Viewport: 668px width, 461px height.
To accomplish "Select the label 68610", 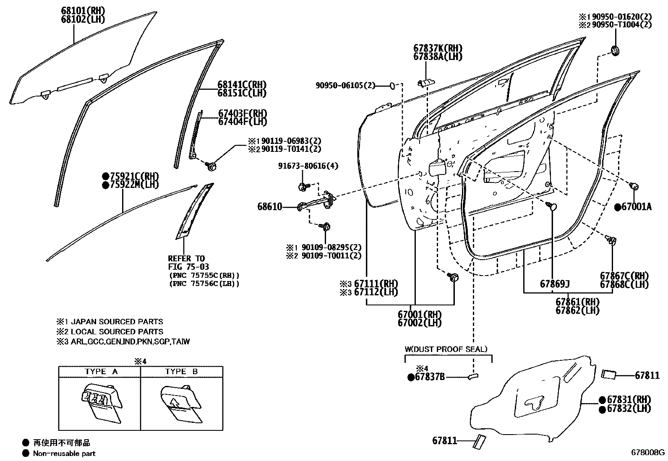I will click(269, 207).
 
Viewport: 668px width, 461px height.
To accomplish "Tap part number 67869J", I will click(555, 284).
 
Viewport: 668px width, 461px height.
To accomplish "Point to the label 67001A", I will click(636, 207).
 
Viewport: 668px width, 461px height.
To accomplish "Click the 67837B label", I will click(429, 377).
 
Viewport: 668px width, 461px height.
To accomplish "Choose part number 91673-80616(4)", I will click(308, 166).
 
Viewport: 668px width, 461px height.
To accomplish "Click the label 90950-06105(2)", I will click(345, 86).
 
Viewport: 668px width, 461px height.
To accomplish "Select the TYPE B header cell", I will click(181, 372).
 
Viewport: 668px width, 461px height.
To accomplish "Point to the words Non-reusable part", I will click(64, 453).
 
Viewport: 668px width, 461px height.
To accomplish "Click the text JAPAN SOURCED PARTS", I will click(117, 322).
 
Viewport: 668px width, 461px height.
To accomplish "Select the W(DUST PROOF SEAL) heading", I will click(446, 349).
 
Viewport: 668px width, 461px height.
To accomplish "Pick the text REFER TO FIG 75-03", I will click(188, 263).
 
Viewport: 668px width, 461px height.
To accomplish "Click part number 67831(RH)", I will click(629, 399).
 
